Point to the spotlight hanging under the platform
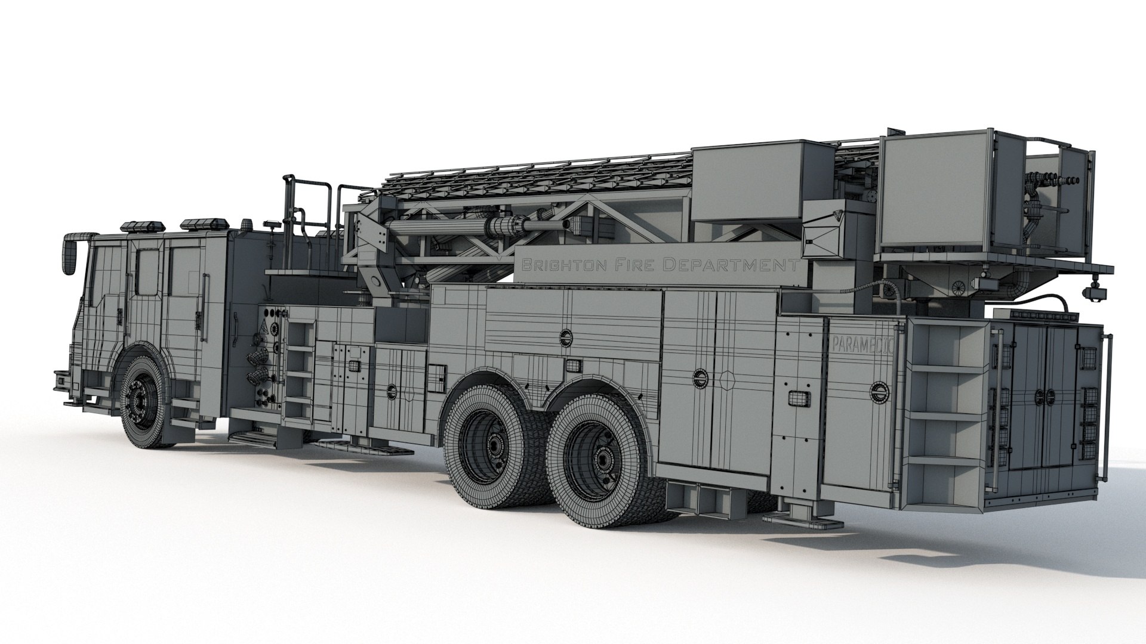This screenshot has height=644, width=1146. [1096, 292]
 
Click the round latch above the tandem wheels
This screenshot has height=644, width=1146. [565, 338]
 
